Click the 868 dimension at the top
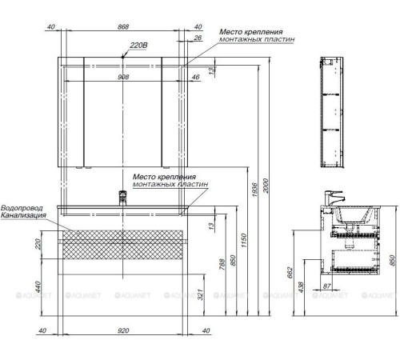(123, 26)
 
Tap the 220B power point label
(138, 45)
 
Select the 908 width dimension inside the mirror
(123, 77)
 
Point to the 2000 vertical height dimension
(266, 186)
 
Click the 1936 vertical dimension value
(254, 190)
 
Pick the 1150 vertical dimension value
(244, 241)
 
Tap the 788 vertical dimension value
(222, 264)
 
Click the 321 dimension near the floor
(201, 294)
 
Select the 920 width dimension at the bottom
(123, 330)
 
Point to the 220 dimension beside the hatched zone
(38, 244)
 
